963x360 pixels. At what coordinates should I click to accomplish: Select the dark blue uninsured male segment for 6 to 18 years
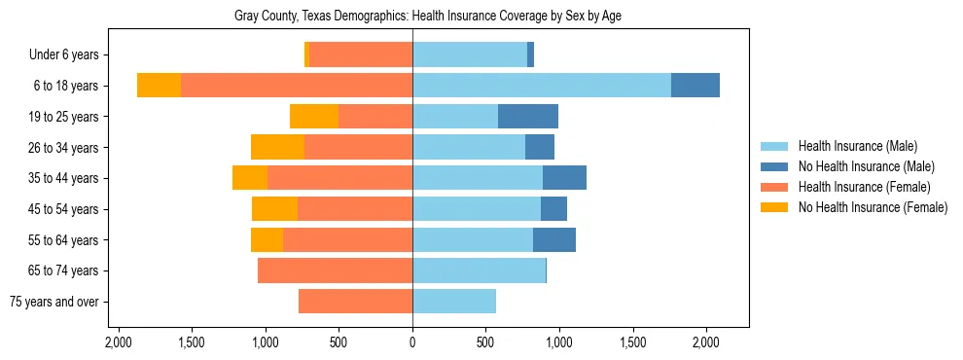pos(695,86)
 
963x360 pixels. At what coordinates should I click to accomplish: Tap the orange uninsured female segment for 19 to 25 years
pos(314,117)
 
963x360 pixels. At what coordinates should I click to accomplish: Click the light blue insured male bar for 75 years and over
pos(454,302)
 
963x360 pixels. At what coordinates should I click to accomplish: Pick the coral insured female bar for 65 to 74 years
pos(335,270)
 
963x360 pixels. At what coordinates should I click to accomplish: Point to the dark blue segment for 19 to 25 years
pos(528,117)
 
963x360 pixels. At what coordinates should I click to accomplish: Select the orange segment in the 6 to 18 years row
pos(160,86)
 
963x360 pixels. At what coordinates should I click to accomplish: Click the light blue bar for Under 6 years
pos(470,55)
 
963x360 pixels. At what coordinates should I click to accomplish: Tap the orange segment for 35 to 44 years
pos(250,178)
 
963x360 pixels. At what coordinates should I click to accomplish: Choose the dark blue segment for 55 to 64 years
pos(554,239)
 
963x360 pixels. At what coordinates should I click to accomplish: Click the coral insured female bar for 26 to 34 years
pos(358,147)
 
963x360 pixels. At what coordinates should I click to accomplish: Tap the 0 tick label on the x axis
pos(412,342)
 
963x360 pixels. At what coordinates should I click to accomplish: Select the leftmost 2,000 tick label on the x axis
pos(118,342)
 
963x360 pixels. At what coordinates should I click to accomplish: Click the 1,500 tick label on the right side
pos(633,342)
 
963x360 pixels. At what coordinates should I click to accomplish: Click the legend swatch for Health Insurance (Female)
pos(775,187)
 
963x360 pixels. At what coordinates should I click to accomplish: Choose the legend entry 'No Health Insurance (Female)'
pos(872,207)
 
